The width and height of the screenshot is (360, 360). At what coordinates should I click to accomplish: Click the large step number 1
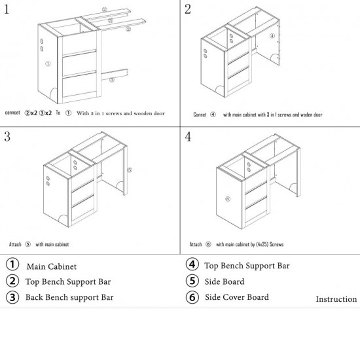[7, 9]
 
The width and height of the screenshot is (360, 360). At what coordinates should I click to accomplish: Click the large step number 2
[188, 9]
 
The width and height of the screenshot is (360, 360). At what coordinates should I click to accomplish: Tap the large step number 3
[7, 136]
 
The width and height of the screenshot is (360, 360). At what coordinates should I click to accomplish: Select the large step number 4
[188, 136]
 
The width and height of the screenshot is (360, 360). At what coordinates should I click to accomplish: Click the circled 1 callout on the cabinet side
[48, 63]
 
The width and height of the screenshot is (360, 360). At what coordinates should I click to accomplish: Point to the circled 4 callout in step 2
[272, 35]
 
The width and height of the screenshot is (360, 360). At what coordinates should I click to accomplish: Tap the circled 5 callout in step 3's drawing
[130, 170]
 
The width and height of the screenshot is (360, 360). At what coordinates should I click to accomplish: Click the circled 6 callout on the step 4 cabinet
[228, 199]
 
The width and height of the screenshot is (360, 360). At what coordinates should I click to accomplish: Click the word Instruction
[336, 299]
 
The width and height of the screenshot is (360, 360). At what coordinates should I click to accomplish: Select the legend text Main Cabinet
[52, 266]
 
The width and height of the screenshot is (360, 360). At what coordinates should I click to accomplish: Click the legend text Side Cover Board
[237, 297]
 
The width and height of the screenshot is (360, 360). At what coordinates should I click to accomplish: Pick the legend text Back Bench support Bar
[69, 297]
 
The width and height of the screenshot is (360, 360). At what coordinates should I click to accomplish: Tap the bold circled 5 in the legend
[192, 281]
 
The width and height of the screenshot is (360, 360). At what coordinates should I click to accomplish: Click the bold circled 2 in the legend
[12, 281]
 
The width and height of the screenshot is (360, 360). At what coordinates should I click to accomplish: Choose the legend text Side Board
[225, 281]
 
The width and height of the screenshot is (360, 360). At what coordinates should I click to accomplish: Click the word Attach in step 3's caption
[15, 244]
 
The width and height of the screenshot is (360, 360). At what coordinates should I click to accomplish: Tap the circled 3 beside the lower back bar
[111, 80]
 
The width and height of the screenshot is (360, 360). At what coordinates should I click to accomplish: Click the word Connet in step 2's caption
[200, 115]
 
